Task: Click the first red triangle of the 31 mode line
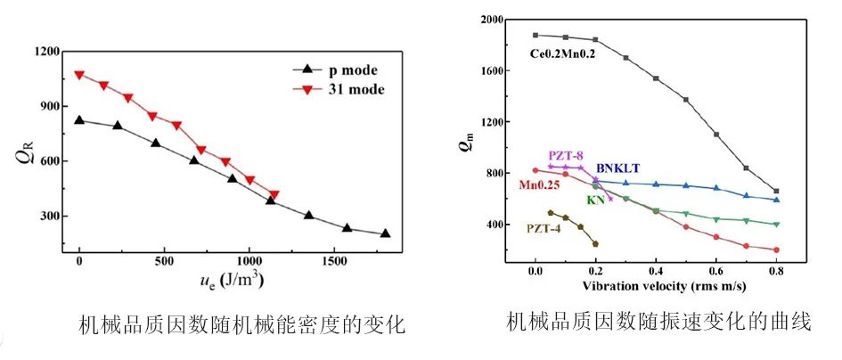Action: [x=79, y=75]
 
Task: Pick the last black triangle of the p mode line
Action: [x=385, y=233]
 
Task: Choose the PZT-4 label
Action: [x=545, y=228]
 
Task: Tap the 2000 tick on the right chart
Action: [x=490, y=19]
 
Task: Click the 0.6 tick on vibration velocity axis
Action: [x=716, y=271]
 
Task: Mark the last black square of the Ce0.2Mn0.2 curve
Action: [x=776, y=191]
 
